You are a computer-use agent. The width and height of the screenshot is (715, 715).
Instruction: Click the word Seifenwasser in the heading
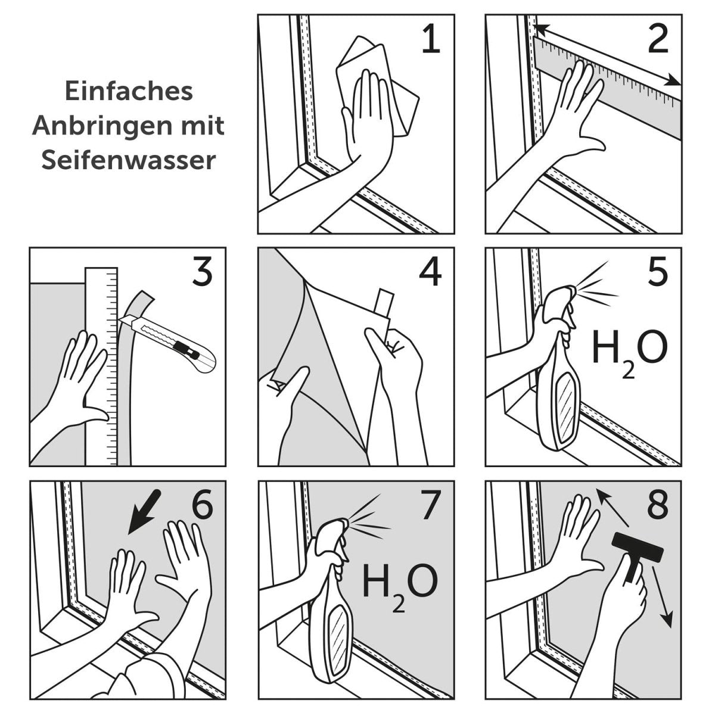point(128,160)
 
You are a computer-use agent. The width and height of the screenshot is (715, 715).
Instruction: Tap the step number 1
point(430,41)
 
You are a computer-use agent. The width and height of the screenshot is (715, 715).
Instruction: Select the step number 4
point(430,273)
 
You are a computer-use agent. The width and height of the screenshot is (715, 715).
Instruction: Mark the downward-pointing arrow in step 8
point(663,596)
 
